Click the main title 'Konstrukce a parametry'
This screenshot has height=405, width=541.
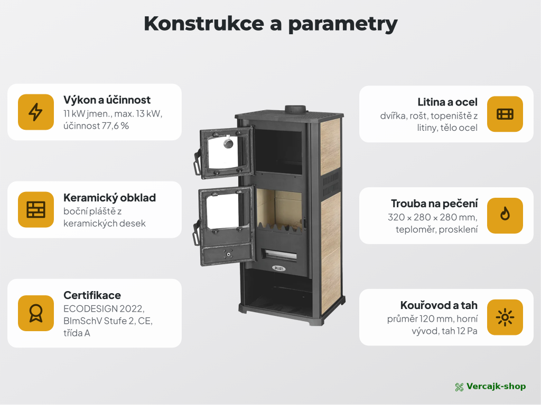click(270, 24)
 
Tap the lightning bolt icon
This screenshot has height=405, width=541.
click(35, 112)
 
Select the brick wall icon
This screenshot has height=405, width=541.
click(36, 209)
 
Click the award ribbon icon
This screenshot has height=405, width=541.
click(36, 313)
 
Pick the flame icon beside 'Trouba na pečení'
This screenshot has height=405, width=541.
click(505, 214)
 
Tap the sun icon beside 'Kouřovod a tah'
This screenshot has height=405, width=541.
click(505, 317)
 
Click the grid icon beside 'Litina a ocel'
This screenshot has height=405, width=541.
click(505, 114)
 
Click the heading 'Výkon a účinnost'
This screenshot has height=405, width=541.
click(107, 100)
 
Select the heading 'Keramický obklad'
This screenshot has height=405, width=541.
click(110, 198)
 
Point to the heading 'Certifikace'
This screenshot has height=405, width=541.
click(92, 295)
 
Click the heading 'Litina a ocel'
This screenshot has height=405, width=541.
click(447, 102)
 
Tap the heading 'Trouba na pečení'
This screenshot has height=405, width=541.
click(434, 204)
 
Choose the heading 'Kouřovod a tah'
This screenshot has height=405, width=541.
click(439, 305)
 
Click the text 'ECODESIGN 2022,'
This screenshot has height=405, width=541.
click(104, 308)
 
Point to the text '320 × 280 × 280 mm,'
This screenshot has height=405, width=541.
click(433, 217)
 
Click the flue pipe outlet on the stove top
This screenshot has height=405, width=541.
click(295, 109)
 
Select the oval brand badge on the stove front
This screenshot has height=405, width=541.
click(278, 268)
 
